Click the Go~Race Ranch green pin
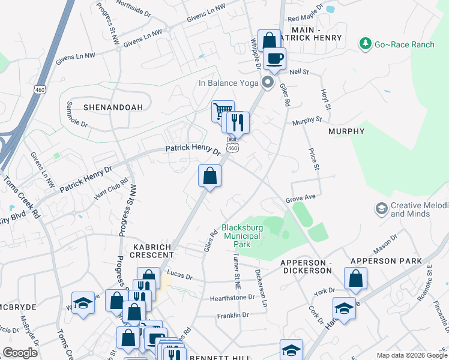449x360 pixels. coord(365,43)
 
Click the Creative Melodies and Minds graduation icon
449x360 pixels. coord(381,209)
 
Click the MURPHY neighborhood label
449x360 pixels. coord(346,131)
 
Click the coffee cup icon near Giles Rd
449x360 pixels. coord(275,59)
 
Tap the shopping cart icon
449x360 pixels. coord(222,110)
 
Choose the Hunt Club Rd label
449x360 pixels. coord(112,188)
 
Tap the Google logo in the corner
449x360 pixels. coord(20,353)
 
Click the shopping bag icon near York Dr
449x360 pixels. coord(355,278)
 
